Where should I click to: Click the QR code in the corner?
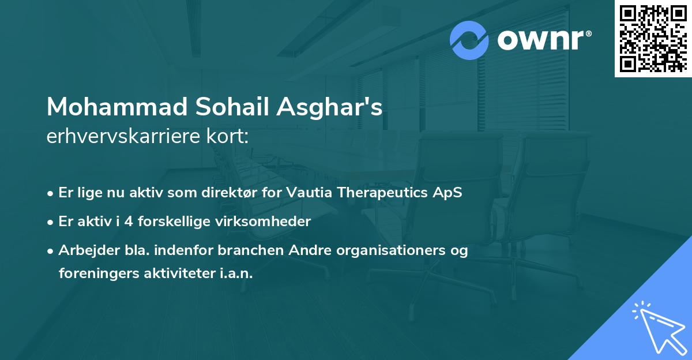point(653,38)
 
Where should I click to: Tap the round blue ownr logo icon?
point(469,40)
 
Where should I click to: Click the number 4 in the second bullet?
point(143,221)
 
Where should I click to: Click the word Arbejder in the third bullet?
point(84,250)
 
